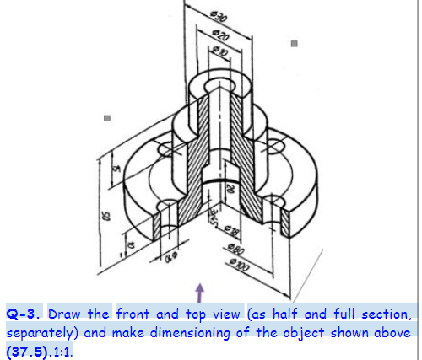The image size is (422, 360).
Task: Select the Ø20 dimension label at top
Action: pos(221,36)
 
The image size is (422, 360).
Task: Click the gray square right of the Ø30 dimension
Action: pos(294,41)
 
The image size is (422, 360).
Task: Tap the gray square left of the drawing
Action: pos(106,120)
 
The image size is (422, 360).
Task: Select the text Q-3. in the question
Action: pos(25,314)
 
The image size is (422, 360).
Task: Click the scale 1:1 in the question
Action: pos(62,349)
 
